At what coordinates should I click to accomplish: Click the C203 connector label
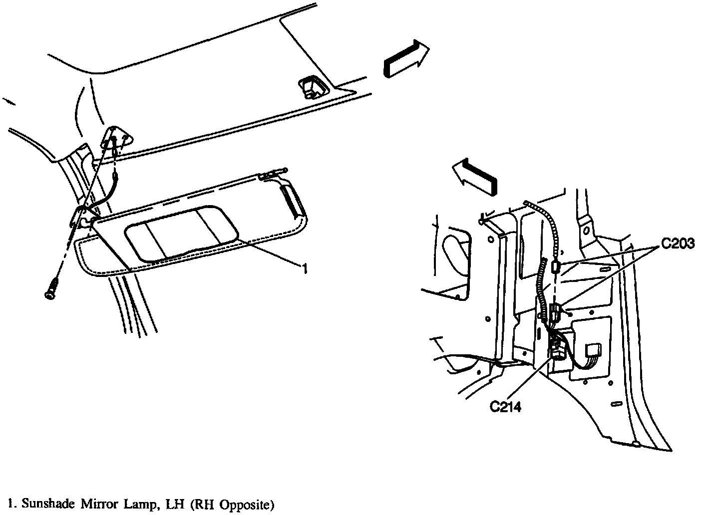678,244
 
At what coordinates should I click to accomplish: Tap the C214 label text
505,407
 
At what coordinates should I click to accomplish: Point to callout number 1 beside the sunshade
303,269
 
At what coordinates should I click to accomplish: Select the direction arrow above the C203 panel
474,177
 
